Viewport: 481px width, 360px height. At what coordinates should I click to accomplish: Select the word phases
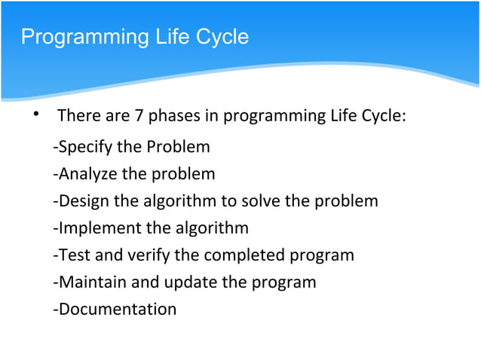[172, 117]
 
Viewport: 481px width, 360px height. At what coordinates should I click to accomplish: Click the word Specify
[83, 146]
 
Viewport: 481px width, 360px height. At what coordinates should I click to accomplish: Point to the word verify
[146, 255]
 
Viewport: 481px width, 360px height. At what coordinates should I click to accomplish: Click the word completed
[245, 255]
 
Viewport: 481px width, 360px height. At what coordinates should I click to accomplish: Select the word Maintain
[87, 282]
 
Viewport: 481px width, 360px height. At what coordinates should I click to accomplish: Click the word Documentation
[115, 310]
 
